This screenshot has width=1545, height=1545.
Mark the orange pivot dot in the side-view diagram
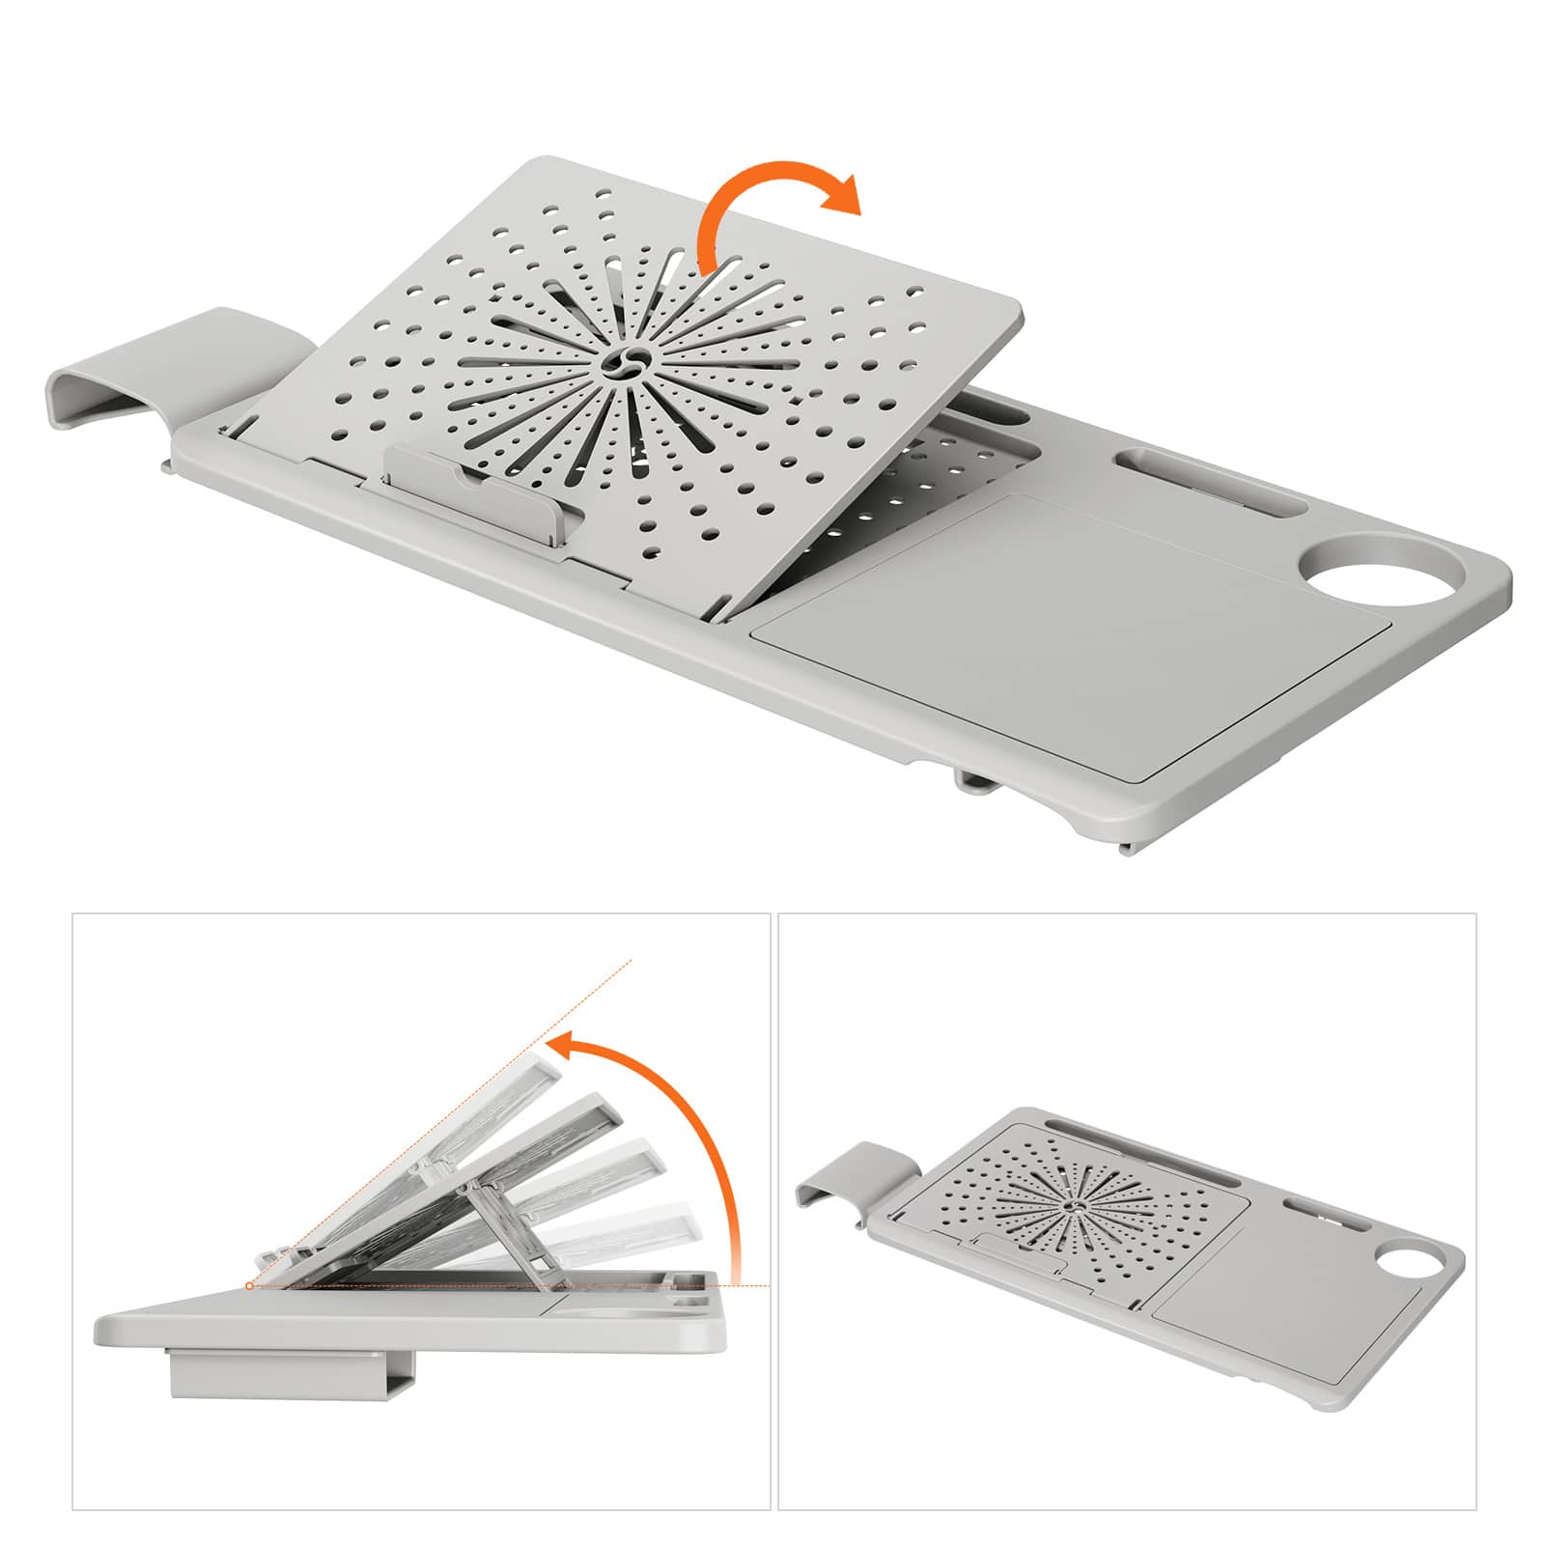click(x=249, y=1285)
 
